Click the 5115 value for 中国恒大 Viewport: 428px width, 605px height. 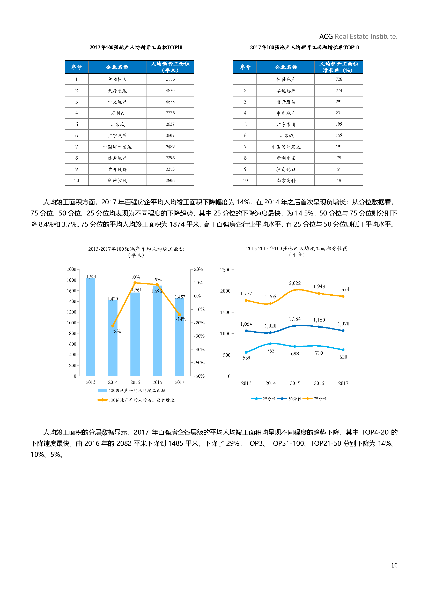[170, 79]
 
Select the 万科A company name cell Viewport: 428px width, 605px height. [117, 113]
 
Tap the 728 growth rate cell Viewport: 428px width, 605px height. [339, 79]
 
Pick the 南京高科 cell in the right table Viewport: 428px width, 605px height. [286, 181]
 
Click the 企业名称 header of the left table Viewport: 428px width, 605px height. [117, 67]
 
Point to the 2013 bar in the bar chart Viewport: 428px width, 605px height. [90, 327]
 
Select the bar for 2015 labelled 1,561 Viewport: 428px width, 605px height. [135, 335]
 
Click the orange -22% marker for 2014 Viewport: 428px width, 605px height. [113, 326]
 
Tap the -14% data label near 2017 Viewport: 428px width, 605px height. [181, 319]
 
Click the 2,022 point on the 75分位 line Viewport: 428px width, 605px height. [295, 290]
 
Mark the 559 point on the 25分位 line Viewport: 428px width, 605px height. [246, 352]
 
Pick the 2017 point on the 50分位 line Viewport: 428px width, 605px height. [343, 330]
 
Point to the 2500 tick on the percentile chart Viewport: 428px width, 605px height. [225, 270]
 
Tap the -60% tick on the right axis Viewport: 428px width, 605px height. [199, 376]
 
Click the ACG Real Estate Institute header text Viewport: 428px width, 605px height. [358, 36]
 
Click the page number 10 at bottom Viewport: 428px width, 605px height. [394, 565]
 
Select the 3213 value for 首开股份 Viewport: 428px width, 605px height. [170, 169]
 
